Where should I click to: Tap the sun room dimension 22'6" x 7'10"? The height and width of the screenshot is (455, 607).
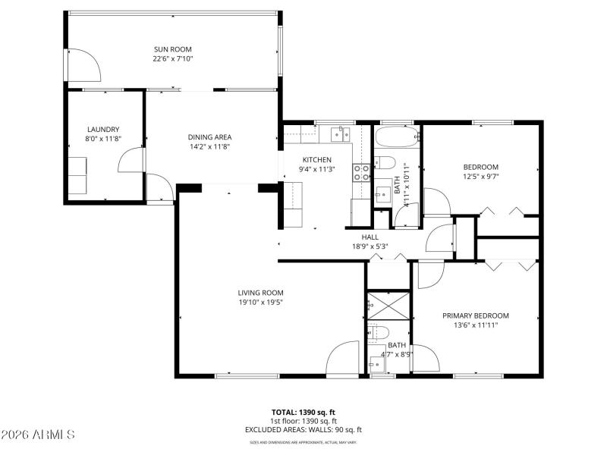pyautogui.click(x=173, y=58)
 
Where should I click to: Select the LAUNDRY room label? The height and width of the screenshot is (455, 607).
pyautogui.click(x=103, y=130)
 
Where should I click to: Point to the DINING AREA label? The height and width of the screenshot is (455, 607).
pyautogui.click(x=209, y=137)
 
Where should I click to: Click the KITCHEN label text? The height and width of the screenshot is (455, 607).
pyautogui.click(x=317, y=160)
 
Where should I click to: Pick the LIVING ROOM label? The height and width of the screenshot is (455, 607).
pyautogui.click(x=260, y=293)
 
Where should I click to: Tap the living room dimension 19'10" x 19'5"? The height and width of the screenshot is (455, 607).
pyautogui.click(x=260, y=303)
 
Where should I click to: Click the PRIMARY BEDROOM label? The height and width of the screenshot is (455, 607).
pyautogui.click(x=476, y=315)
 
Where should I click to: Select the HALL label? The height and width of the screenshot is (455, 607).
pyautogui.click(x=370, y=237)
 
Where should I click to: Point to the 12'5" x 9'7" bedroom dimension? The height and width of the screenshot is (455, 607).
pyautogui.click(x=481, y=177)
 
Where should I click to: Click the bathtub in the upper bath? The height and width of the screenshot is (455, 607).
pyautogui.click(x=397, y=139)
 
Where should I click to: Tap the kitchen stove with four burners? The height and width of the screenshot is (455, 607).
pyautogui.click(x=361, y=172)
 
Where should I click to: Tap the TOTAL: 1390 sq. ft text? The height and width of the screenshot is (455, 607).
pyautogui.click(x=303, y=412)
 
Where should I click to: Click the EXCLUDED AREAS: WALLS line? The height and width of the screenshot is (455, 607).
pyautogui.click(x=303, y=429)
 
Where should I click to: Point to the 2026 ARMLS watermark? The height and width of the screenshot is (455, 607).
pyautogui.click(x=38, y=435)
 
